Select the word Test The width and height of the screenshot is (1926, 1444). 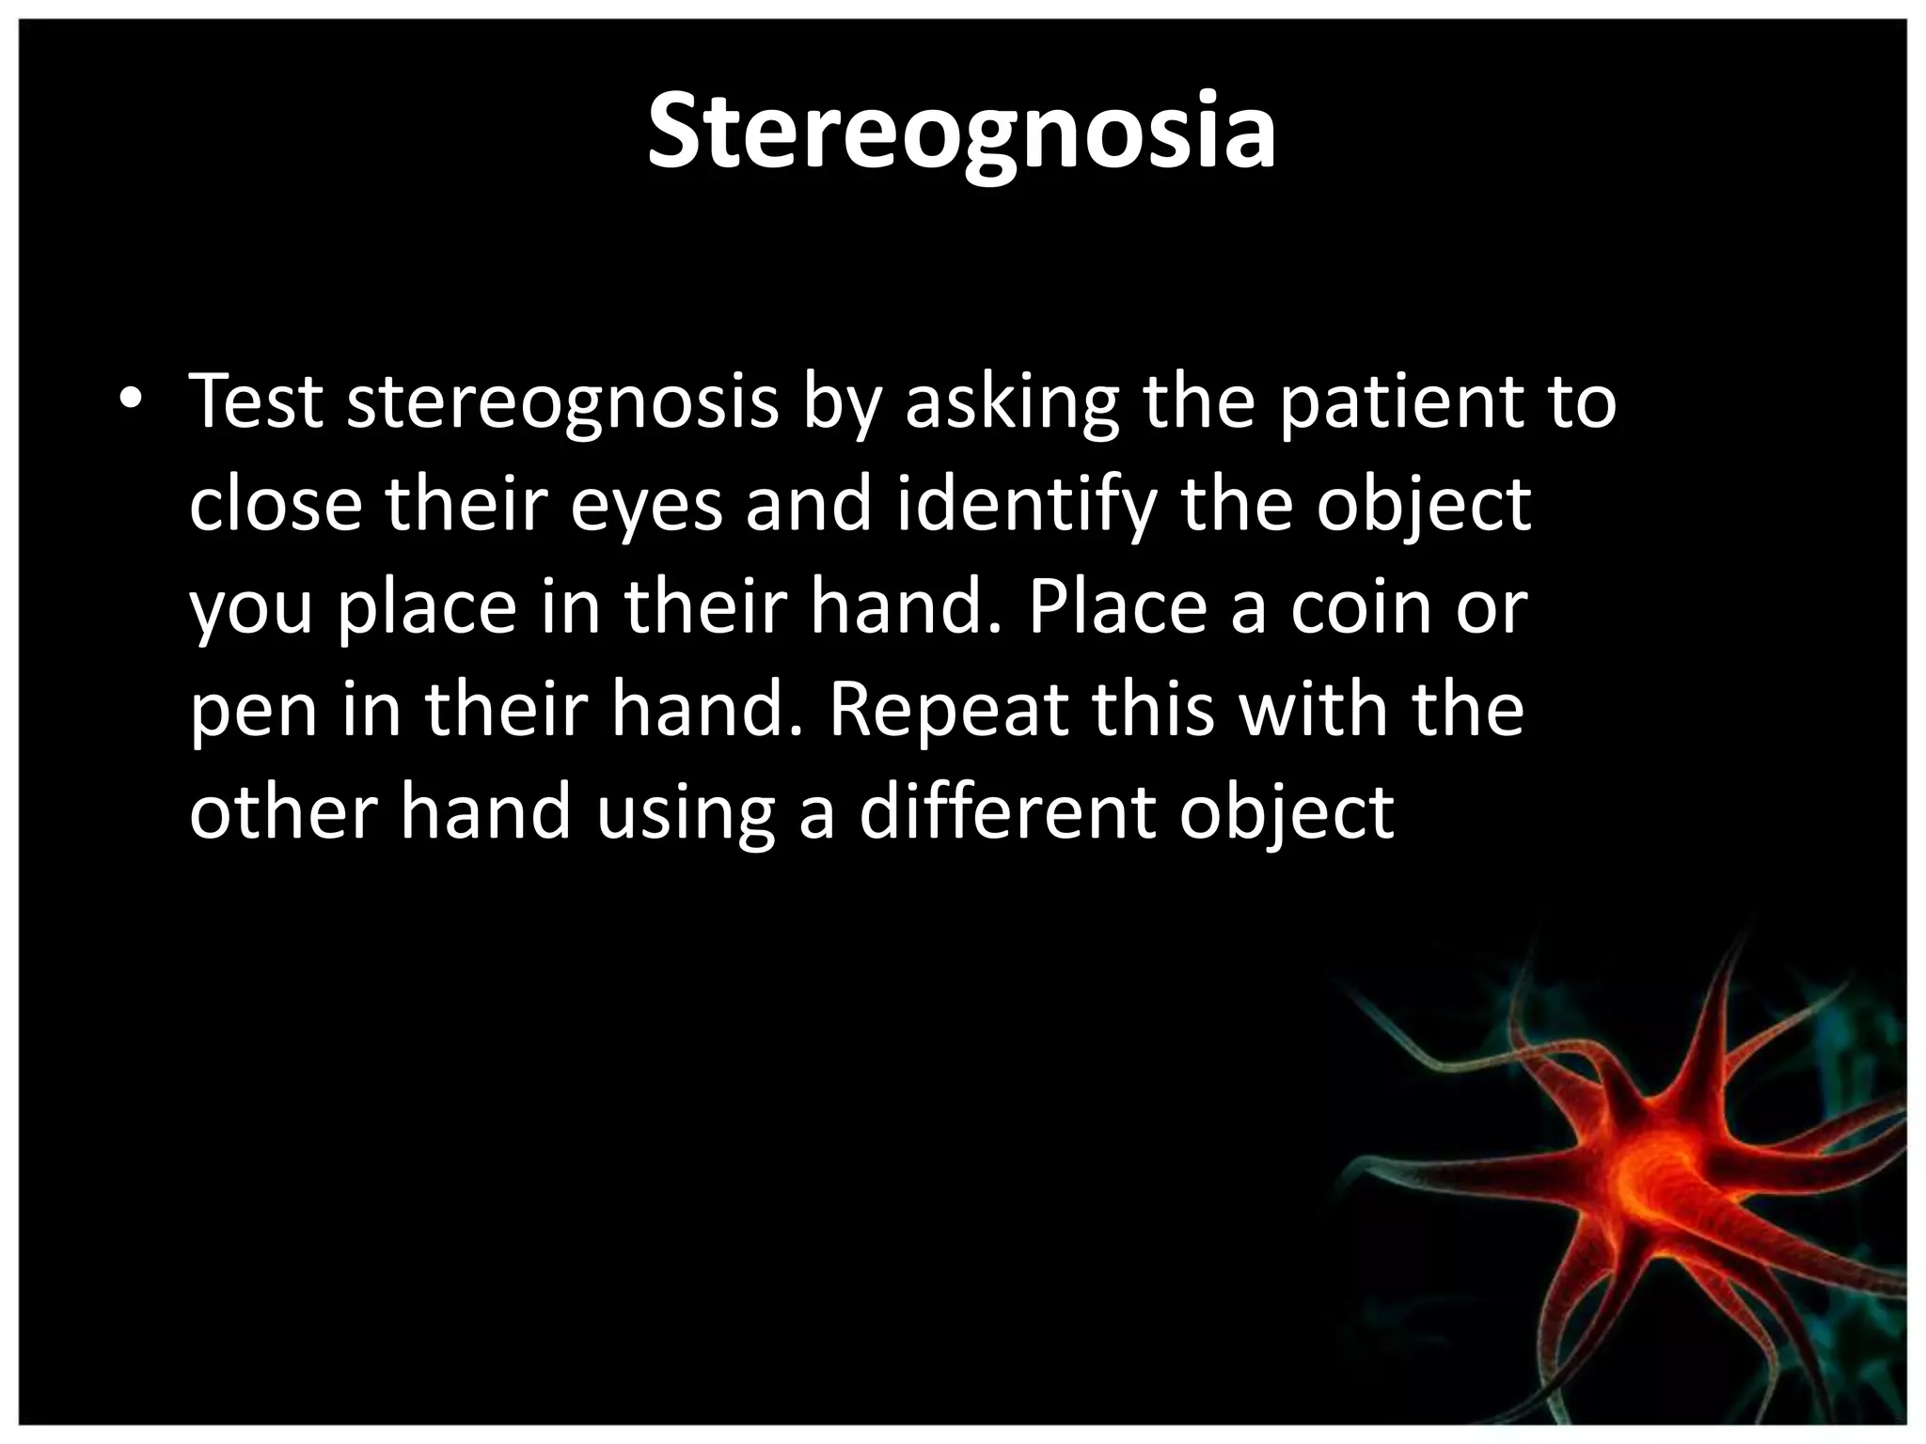click(256, 401)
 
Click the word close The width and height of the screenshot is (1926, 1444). click(276, 504)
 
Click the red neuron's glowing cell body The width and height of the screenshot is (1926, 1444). click(1655, 1175)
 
